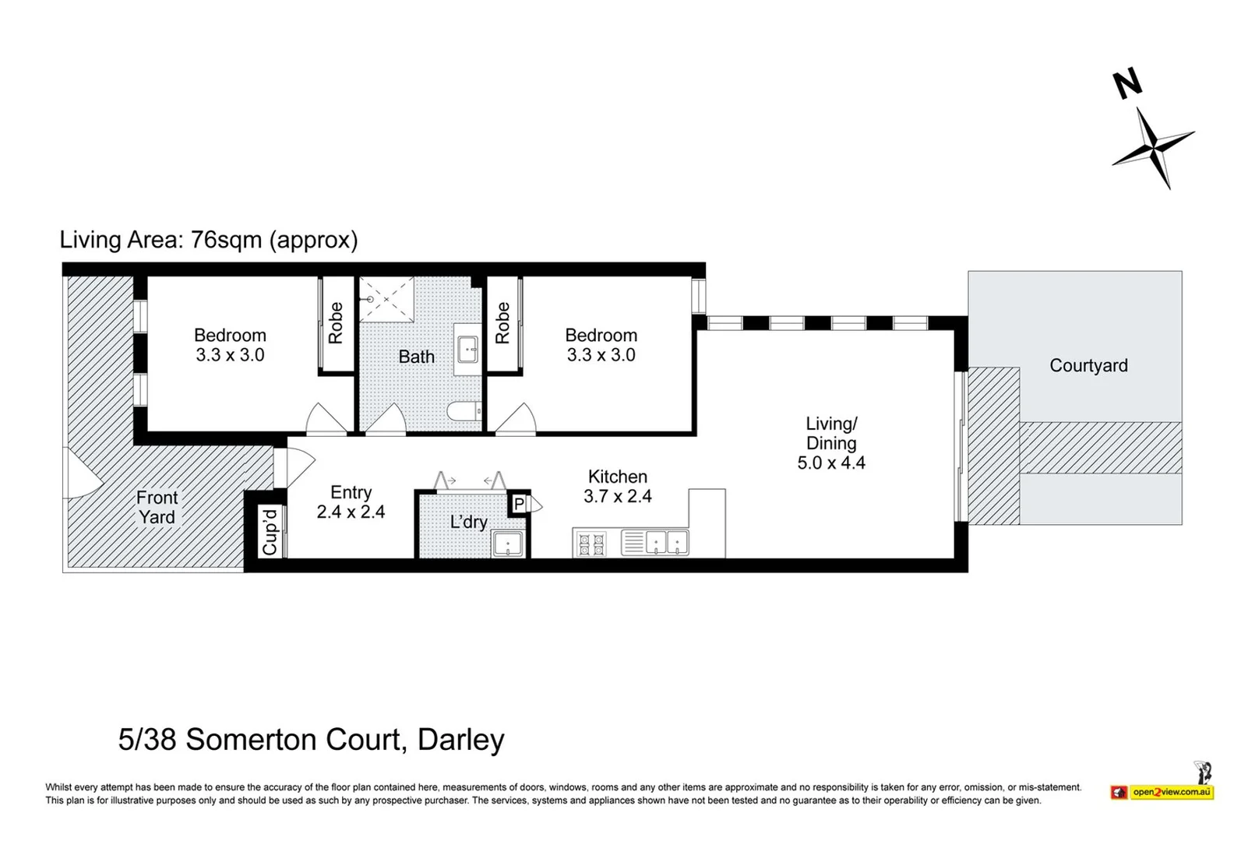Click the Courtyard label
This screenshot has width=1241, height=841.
click(1088, 365)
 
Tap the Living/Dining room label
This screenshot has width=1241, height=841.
click(831, 442)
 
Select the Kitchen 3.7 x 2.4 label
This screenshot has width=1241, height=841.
click(617, 486)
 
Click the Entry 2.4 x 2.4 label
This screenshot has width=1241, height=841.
click(351, 501)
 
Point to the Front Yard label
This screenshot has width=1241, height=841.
click(157, 507)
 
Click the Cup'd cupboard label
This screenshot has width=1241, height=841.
click(270, 532)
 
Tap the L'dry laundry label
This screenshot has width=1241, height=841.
click(468, 522)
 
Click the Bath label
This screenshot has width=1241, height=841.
click(417, 357)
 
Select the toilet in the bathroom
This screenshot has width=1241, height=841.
click(464, 411)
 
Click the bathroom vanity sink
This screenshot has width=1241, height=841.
click(467, 349)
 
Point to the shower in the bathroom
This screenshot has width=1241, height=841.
click(386, 298)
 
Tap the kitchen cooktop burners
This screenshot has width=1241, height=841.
click(589, 544)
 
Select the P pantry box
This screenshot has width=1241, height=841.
click(519, 505)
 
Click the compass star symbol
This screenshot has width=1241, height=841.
click(1152, 147)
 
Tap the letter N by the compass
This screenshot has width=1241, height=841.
click(1126, 84)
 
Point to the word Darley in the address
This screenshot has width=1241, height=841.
click(461, 739)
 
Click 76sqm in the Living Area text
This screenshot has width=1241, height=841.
click(226, 239)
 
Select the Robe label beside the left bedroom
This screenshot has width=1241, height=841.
click(336, 323)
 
